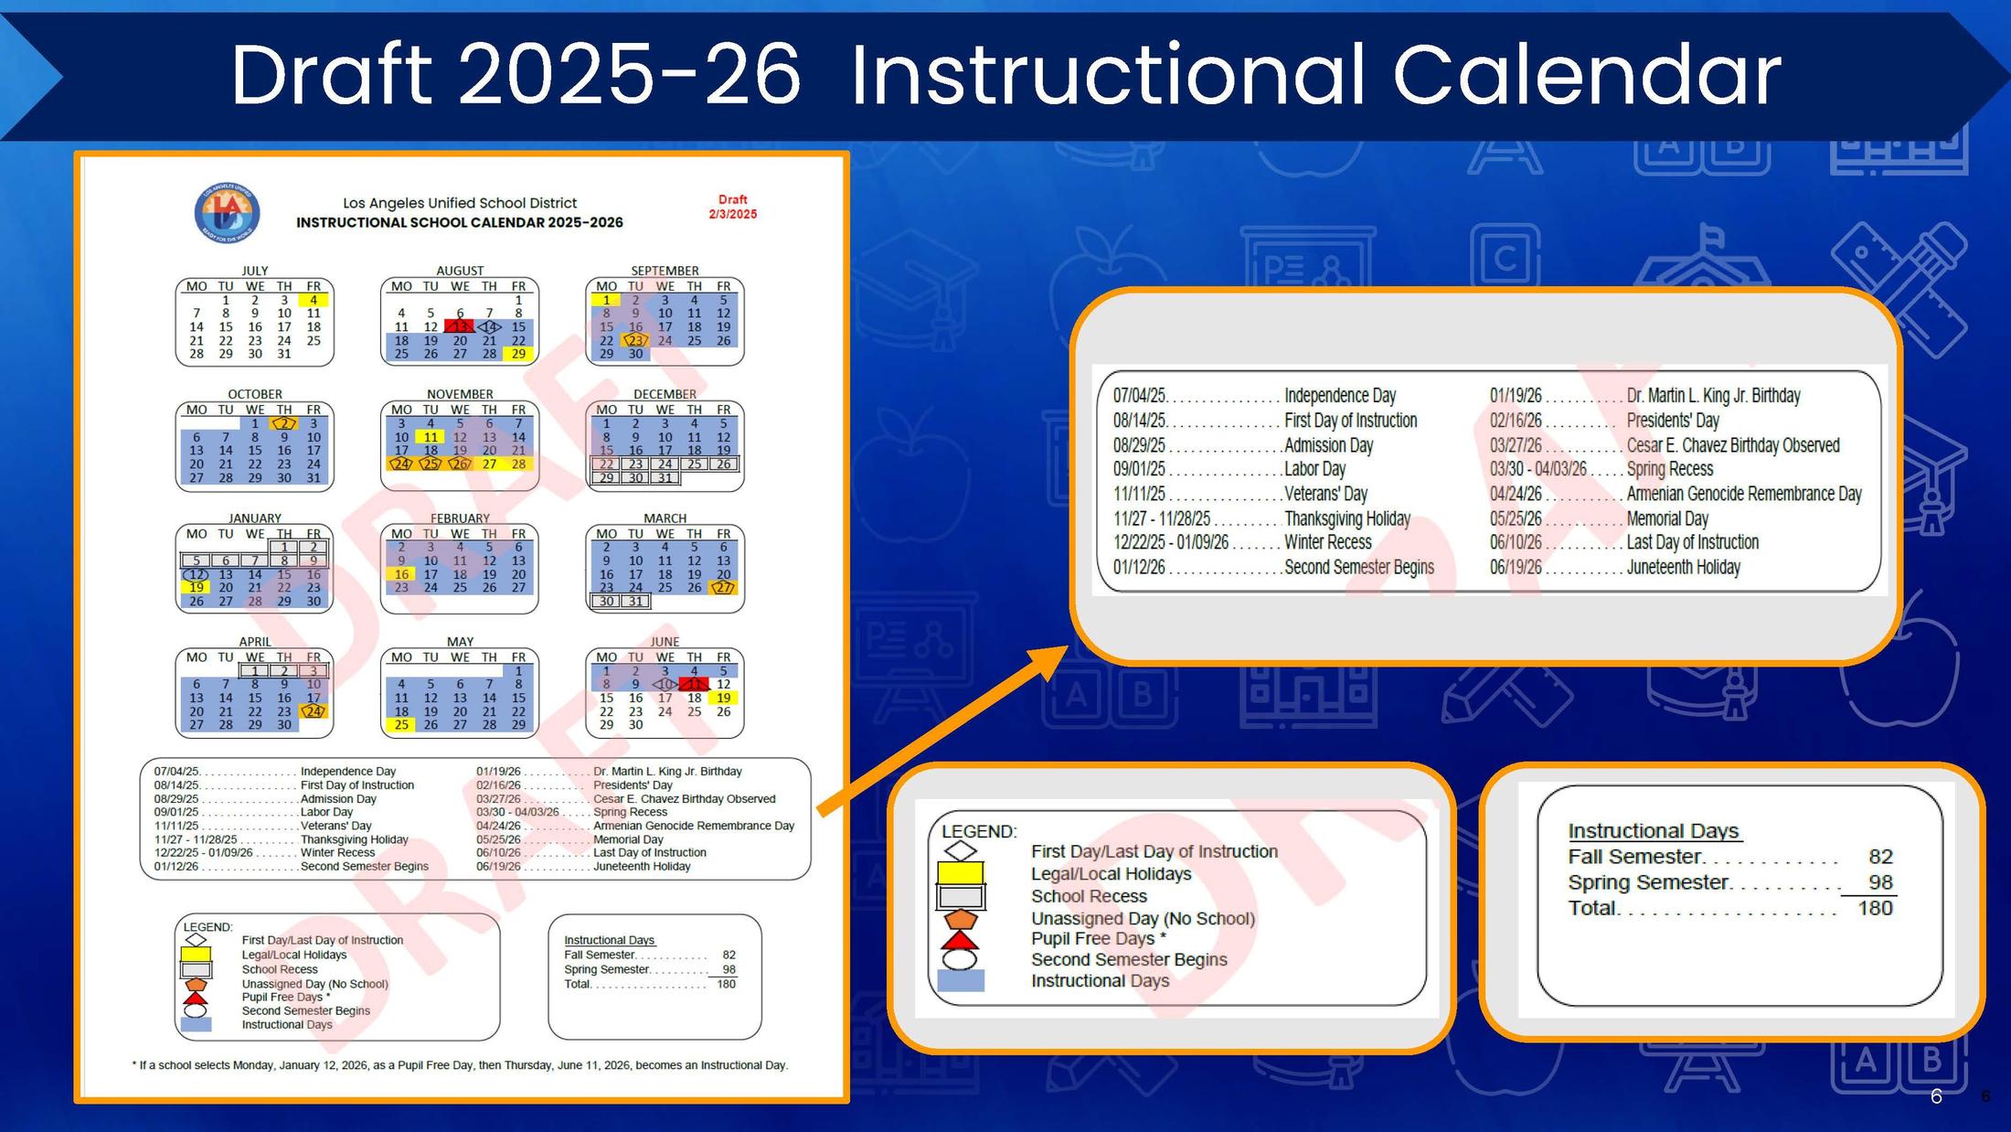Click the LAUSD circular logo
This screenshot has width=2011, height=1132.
[x=227, y=213]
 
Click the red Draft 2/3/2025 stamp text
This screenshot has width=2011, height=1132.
[x=732, y=207]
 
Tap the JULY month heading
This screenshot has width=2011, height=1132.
[x=254, y=271]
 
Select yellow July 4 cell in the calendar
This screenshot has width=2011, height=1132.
[x=314, y=300]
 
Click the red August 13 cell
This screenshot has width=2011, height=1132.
[x=460, y=326]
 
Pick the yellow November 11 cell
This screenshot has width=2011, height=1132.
[x=431, y=437]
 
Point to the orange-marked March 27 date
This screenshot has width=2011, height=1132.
[x=724, y=588]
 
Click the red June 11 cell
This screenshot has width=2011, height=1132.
[x=695, y=684]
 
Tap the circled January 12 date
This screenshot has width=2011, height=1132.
[x=197, y=574]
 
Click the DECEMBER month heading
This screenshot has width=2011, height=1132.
[x=665, y=394]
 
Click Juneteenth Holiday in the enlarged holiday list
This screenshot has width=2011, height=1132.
[x=1683, y=567]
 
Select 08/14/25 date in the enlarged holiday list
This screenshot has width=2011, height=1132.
[x=1139, y=421]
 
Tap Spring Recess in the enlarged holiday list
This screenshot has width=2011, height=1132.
[x=1669, y=469]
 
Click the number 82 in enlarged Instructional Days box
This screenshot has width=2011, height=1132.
[x=1880, y=857]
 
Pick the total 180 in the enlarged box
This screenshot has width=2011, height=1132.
[x=1874, y=908]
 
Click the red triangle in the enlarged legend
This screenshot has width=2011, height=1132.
[x=960, y=940]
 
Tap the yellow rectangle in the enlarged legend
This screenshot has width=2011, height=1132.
[x=960, y=872]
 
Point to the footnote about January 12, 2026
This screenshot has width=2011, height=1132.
[x=460, y=1065]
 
